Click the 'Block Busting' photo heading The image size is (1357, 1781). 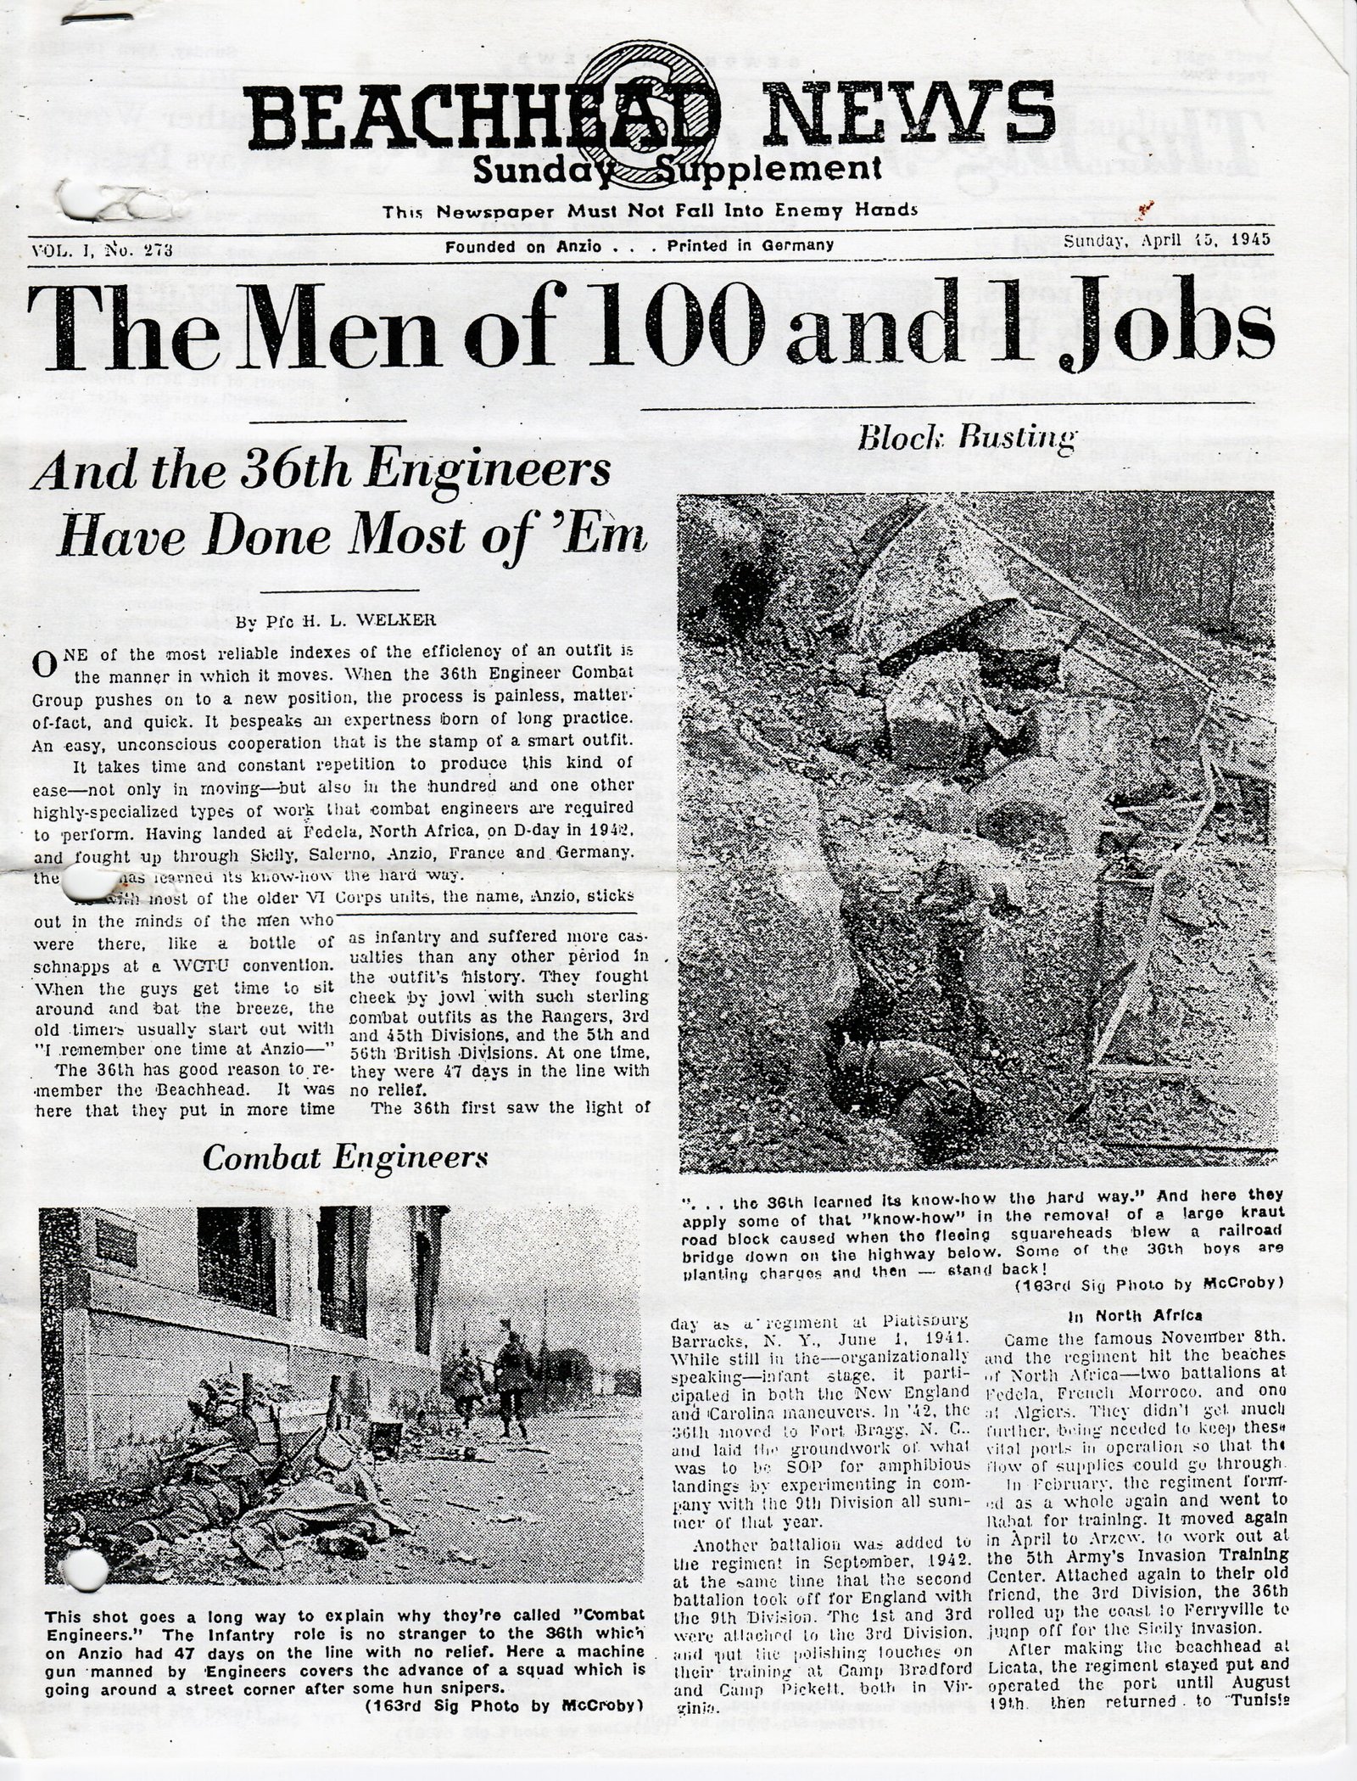tap(968, 437)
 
